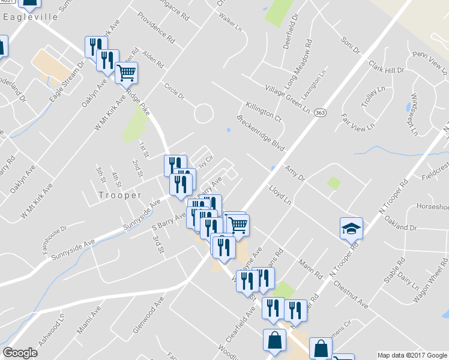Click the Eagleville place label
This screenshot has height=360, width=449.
[30, 17]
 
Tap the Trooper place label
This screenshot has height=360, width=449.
[119, 195]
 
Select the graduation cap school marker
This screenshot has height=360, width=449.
[351, 228]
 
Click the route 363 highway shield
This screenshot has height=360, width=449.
[321, 112]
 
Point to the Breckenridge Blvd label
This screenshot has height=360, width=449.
[260, 133]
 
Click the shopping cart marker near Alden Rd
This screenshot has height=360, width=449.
[126, 73]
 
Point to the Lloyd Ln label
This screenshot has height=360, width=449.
[280, 194]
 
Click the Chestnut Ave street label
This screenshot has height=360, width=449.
[350, 294]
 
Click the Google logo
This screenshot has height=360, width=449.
[20, 353]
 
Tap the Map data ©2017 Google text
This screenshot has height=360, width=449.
[412, 355]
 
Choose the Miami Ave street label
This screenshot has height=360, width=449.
[89, 322]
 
